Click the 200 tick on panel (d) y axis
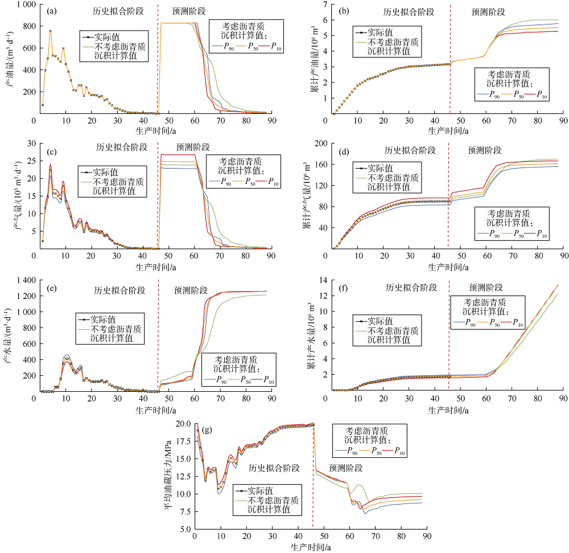[x=321, y=144]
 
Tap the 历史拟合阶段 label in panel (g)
[x=274, y=468]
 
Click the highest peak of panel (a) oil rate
[x=50, y=31]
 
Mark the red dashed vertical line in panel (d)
[x=448, y=199]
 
